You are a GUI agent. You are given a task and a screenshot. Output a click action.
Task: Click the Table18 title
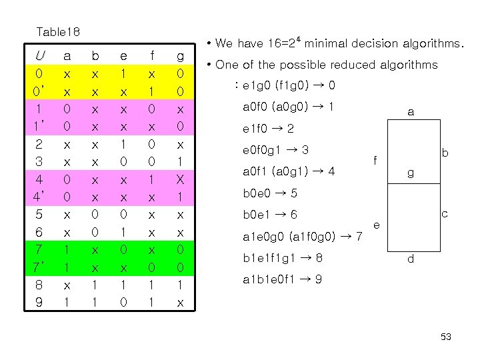pyautogui.click(x=57, y=31)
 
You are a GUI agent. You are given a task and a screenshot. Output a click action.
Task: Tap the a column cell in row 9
pyautogui.click(x=67, y=302)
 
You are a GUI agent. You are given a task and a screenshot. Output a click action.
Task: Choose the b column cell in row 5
pyautogui.click(x=95, y=215)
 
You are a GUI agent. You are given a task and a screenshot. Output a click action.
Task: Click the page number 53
pyautogui.click(x=446, y=337)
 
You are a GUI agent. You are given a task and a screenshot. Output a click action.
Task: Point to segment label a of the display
pyautogui.click(x=411, y=113)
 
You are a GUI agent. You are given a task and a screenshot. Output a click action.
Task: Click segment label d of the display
pyautogui.click(x=411, y=259)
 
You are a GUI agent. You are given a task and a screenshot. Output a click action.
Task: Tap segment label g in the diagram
pyautogui.click(x=411, y=172)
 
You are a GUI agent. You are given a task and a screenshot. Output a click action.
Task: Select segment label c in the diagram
pyautogui.click(x=443, y=215)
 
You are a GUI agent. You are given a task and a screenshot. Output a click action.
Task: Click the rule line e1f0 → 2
pyautogui.click(x=269, y=128)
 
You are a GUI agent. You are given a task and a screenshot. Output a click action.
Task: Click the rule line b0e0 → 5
pyautogui.click(x=269, y=193)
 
